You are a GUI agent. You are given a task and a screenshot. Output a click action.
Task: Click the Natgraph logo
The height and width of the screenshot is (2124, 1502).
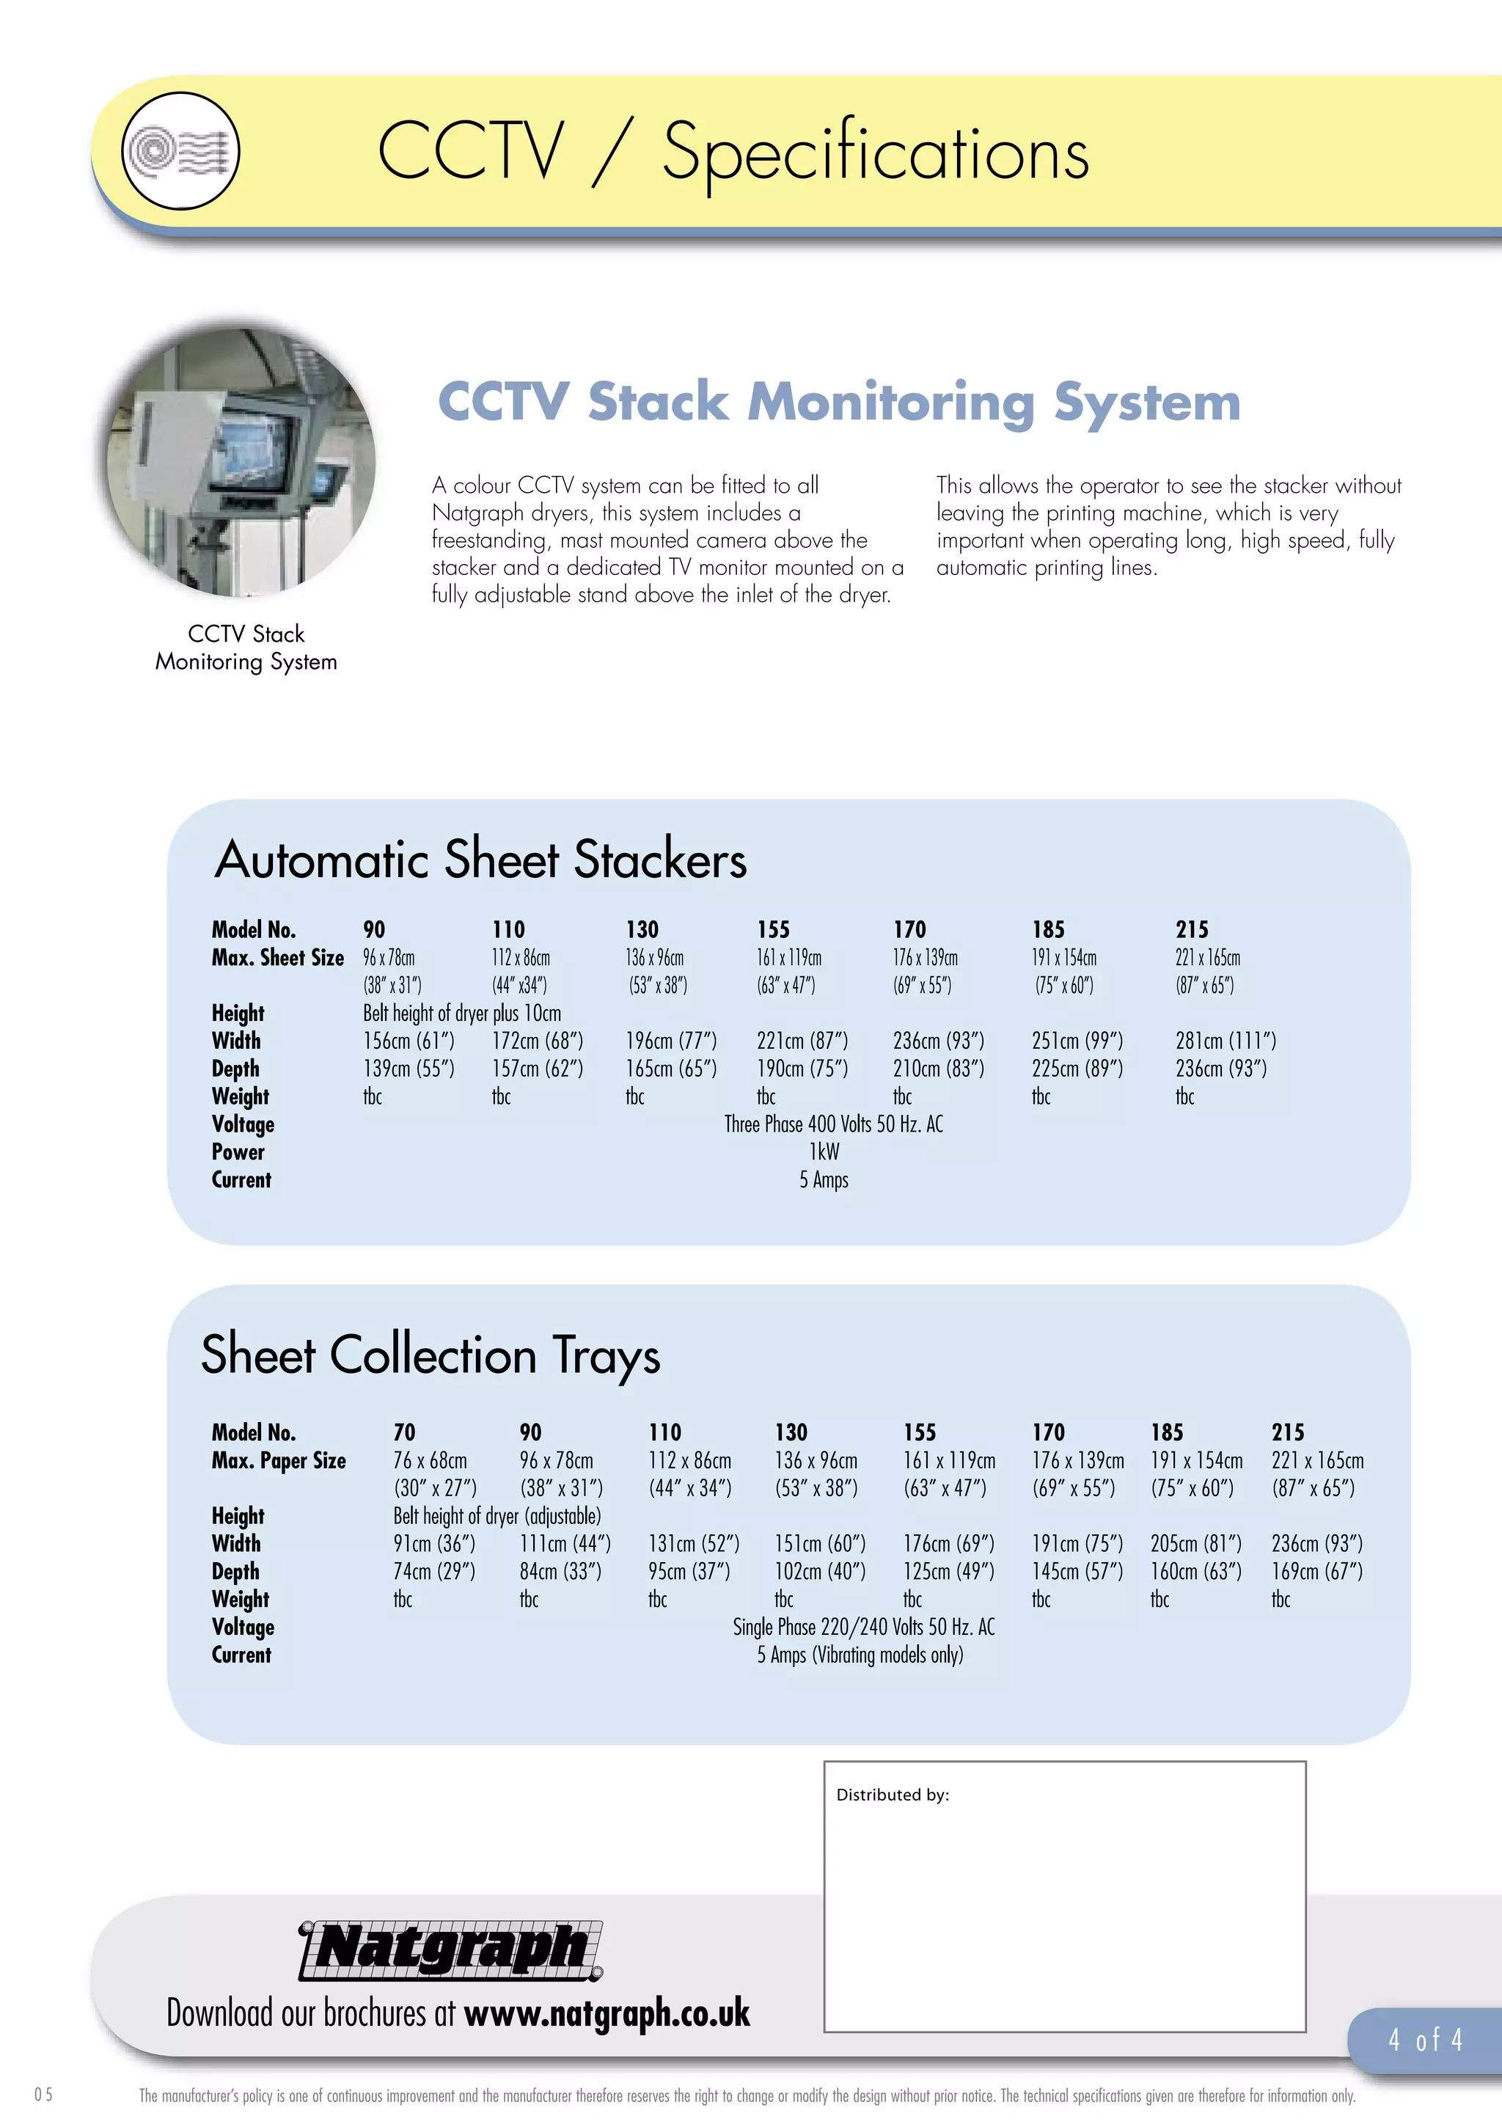tap(450, 1950)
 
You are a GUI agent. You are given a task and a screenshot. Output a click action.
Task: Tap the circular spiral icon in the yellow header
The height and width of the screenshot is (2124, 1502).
tap(180, 151)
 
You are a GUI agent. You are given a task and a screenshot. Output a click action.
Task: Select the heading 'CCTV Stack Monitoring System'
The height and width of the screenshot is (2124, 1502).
tap(838, 403)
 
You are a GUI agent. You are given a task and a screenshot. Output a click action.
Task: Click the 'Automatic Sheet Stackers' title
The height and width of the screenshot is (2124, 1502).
tap(480, 860)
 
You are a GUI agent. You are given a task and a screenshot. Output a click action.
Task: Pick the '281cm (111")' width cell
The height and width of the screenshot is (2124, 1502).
tap(1226, 1041)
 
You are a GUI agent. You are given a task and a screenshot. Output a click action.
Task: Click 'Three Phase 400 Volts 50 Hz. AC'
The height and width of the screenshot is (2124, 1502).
tap(833, 1124)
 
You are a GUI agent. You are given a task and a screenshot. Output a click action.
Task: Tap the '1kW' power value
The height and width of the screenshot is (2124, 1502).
tap(824, 1151)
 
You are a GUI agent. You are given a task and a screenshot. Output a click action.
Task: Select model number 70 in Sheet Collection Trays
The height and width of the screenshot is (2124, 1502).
tap(404, 1432)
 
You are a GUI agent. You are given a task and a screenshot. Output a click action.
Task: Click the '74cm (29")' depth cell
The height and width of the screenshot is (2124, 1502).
tap(433, 1571)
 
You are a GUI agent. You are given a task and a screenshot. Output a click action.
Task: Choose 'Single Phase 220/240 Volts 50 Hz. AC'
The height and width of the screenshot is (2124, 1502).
tap(863, 1626)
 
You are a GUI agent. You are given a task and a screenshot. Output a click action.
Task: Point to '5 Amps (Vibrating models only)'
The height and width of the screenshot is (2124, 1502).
tap(860, 1654)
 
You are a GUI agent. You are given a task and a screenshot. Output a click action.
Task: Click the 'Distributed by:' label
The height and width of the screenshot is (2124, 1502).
tap(893, 1795)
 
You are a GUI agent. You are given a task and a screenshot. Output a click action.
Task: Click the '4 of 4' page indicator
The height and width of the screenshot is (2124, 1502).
tap(1425, 2039)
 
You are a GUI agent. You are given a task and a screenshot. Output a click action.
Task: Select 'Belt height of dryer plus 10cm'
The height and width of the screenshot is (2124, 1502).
tap(461, 1013)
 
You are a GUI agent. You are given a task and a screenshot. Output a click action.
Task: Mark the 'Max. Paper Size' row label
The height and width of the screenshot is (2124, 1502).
tap(279, 1460)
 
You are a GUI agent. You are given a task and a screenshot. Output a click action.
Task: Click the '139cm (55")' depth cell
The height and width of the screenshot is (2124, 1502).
tap(409, 1069)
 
